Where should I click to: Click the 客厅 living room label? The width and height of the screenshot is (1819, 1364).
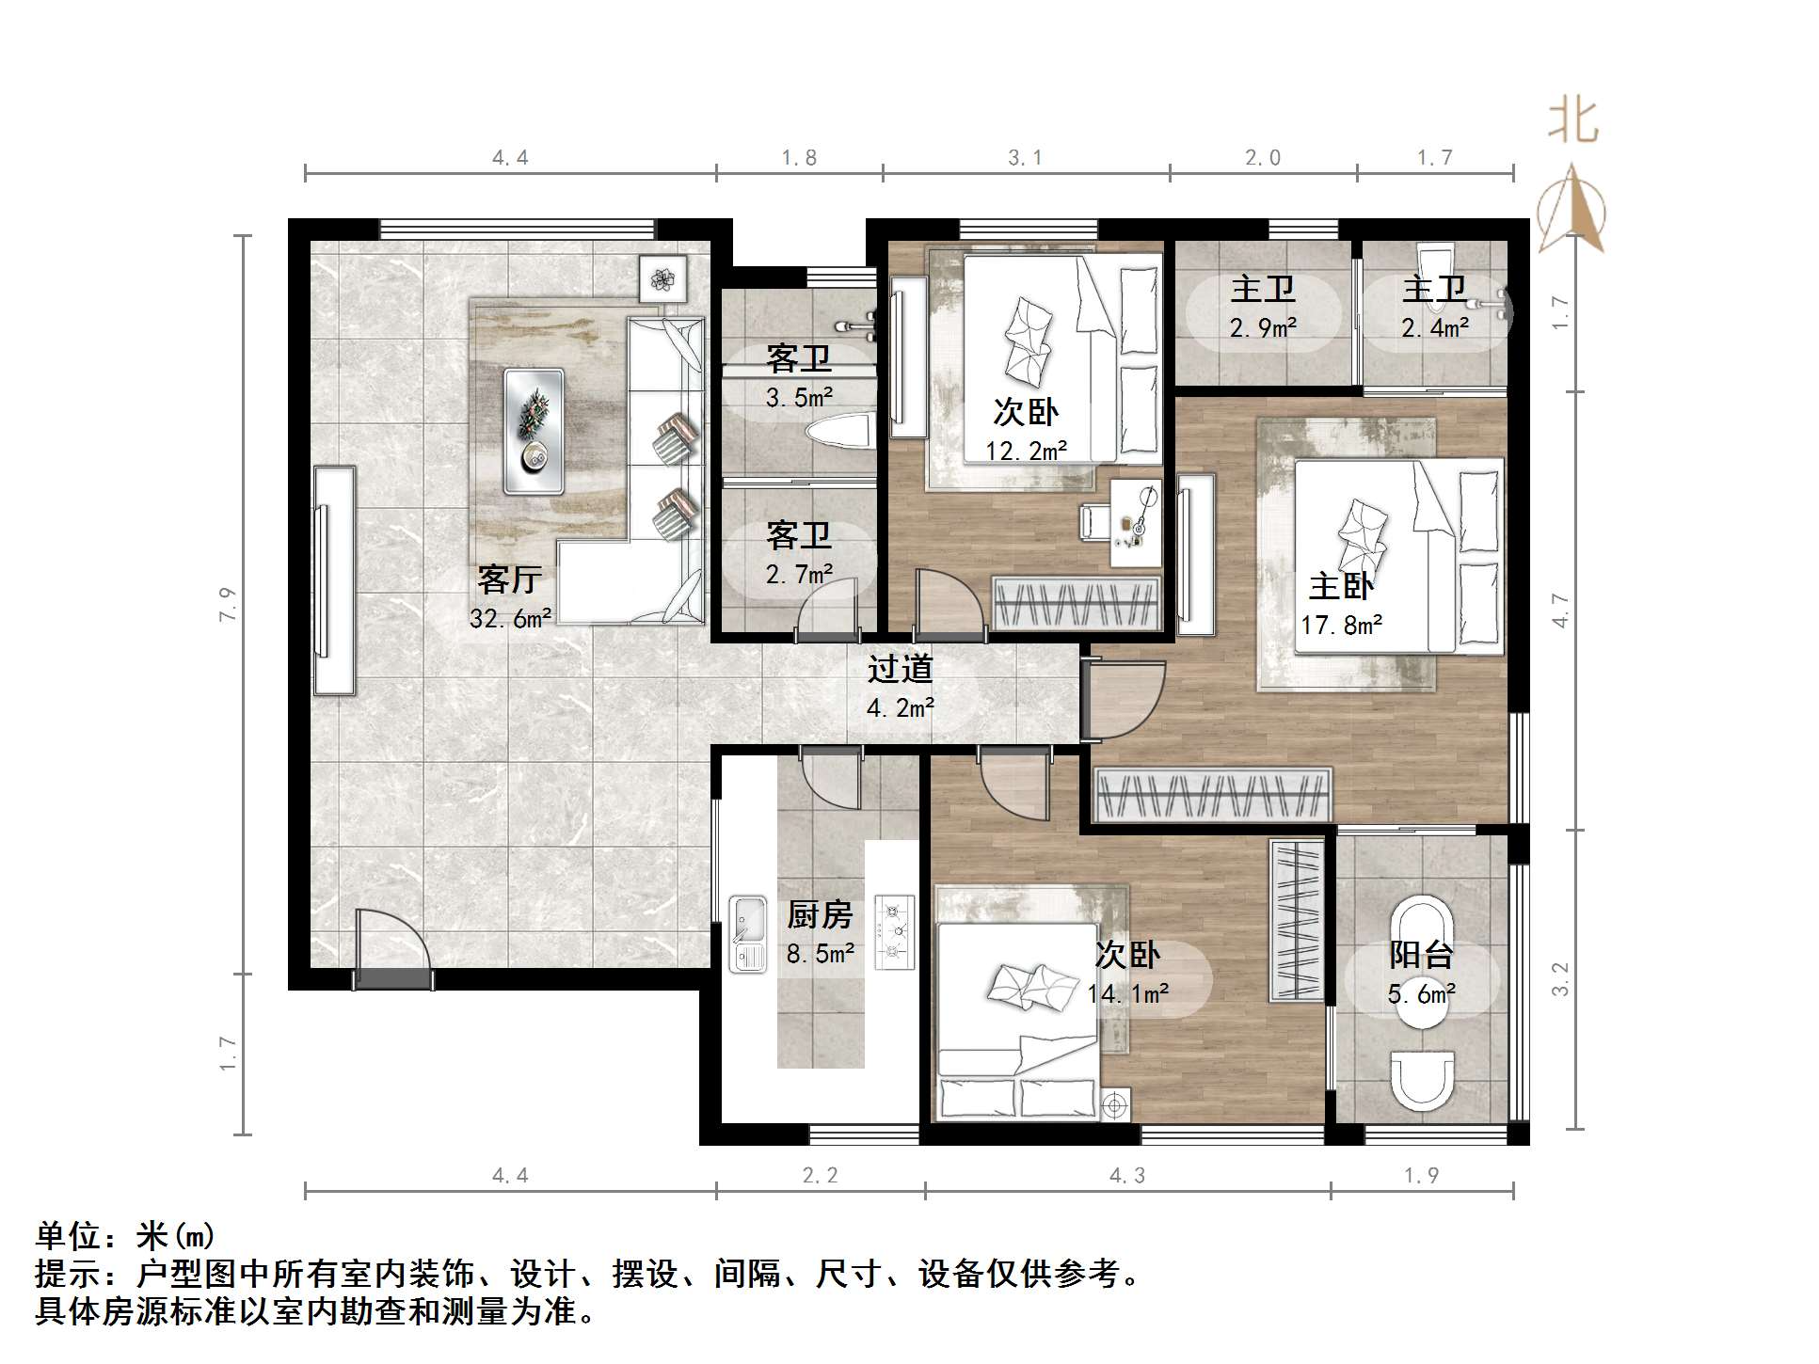[x=508, y=579]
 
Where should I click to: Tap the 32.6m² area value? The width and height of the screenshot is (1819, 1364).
[x=510, y=618]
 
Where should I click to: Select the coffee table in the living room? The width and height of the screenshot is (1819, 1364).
[x=534, y=431]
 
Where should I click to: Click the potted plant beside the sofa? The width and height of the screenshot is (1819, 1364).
[x=663, y=278]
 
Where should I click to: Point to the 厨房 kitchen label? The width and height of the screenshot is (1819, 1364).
[x=820, y=914]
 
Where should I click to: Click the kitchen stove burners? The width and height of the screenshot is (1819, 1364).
[x=894, y=931]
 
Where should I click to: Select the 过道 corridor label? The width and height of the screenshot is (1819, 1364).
[x=900, y=669]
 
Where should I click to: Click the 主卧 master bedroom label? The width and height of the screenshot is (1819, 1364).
[x=1341, y=586]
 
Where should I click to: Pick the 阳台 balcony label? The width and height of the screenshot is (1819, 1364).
[x=1421, y=955]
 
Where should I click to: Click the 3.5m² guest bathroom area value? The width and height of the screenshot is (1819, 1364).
[x=799, y=398]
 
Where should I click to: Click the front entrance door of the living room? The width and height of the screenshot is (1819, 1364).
[x=393, y=950]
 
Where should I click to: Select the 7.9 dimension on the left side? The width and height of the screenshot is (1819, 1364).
[x=228, y=604]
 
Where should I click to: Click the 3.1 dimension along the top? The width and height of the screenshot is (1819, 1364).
[x=1025, y=158]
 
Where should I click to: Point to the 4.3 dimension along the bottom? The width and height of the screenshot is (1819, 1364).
[x=1126, y=1175]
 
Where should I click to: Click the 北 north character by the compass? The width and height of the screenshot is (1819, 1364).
[x=1572, y=122]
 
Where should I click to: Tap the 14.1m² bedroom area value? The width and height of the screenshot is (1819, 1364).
[x=1127, y=993]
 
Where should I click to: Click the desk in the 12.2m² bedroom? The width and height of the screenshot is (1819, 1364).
[x=1135, y=523]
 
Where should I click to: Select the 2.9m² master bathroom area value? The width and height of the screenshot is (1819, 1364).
[x=1263, y=328]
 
